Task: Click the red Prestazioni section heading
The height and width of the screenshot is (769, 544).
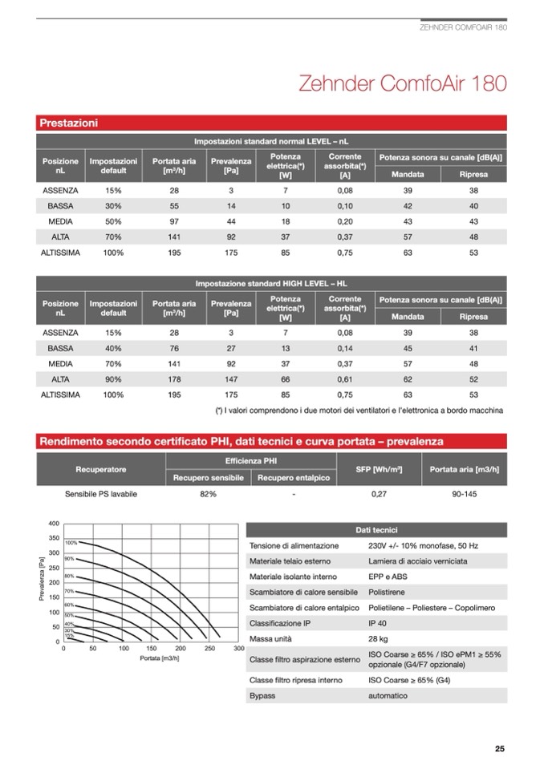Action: click(69, 123)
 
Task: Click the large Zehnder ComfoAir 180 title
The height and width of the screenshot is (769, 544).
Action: click(402, 83)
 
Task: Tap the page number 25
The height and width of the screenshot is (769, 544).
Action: click(499, 750)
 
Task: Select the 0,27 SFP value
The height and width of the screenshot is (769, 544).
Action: click(380, 494)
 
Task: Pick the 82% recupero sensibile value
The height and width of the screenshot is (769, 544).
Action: click(208, 494)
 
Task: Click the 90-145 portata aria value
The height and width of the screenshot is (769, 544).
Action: click(465, 494)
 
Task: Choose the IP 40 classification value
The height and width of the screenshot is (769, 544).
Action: click(378, 622)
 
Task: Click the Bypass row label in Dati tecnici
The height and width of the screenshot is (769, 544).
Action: click(262, 695)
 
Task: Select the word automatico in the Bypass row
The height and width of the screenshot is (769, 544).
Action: click(388, 695)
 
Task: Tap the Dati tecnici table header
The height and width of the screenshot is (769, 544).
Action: click(377, 530)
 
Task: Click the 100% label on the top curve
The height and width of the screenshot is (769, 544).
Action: click(71, 543)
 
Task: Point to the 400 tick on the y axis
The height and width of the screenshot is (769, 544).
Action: click(54, 523)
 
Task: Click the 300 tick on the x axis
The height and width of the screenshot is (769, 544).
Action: click(238, 648)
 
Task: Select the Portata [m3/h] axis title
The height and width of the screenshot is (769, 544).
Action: click(159, 658)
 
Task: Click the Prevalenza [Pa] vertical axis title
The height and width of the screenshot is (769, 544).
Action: click(42, 582)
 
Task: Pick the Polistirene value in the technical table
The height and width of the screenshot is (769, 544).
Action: click(388, 592)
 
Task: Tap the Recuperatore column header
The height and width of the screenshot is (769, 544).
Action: click(100, 468)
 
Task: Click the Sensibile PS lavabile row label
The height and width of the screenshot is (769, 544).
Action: click(101, 494)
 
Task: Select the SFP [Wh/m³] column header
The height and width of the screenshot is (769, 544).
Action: click(379, 468)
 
